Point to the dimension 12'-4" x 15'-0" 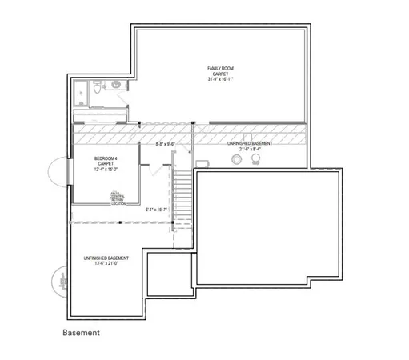pos(107,169)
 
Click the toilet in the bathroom pos(95,90)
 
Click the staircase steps pos(182,200)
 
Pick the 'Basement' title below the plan pos(81,332)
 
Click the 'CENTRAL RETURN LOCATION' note pos(118,197)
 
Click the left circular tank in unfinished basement pos(236,160)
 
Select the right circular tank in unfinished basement pos(256,160)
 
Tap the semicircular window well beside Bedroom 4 pos(61,172)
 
